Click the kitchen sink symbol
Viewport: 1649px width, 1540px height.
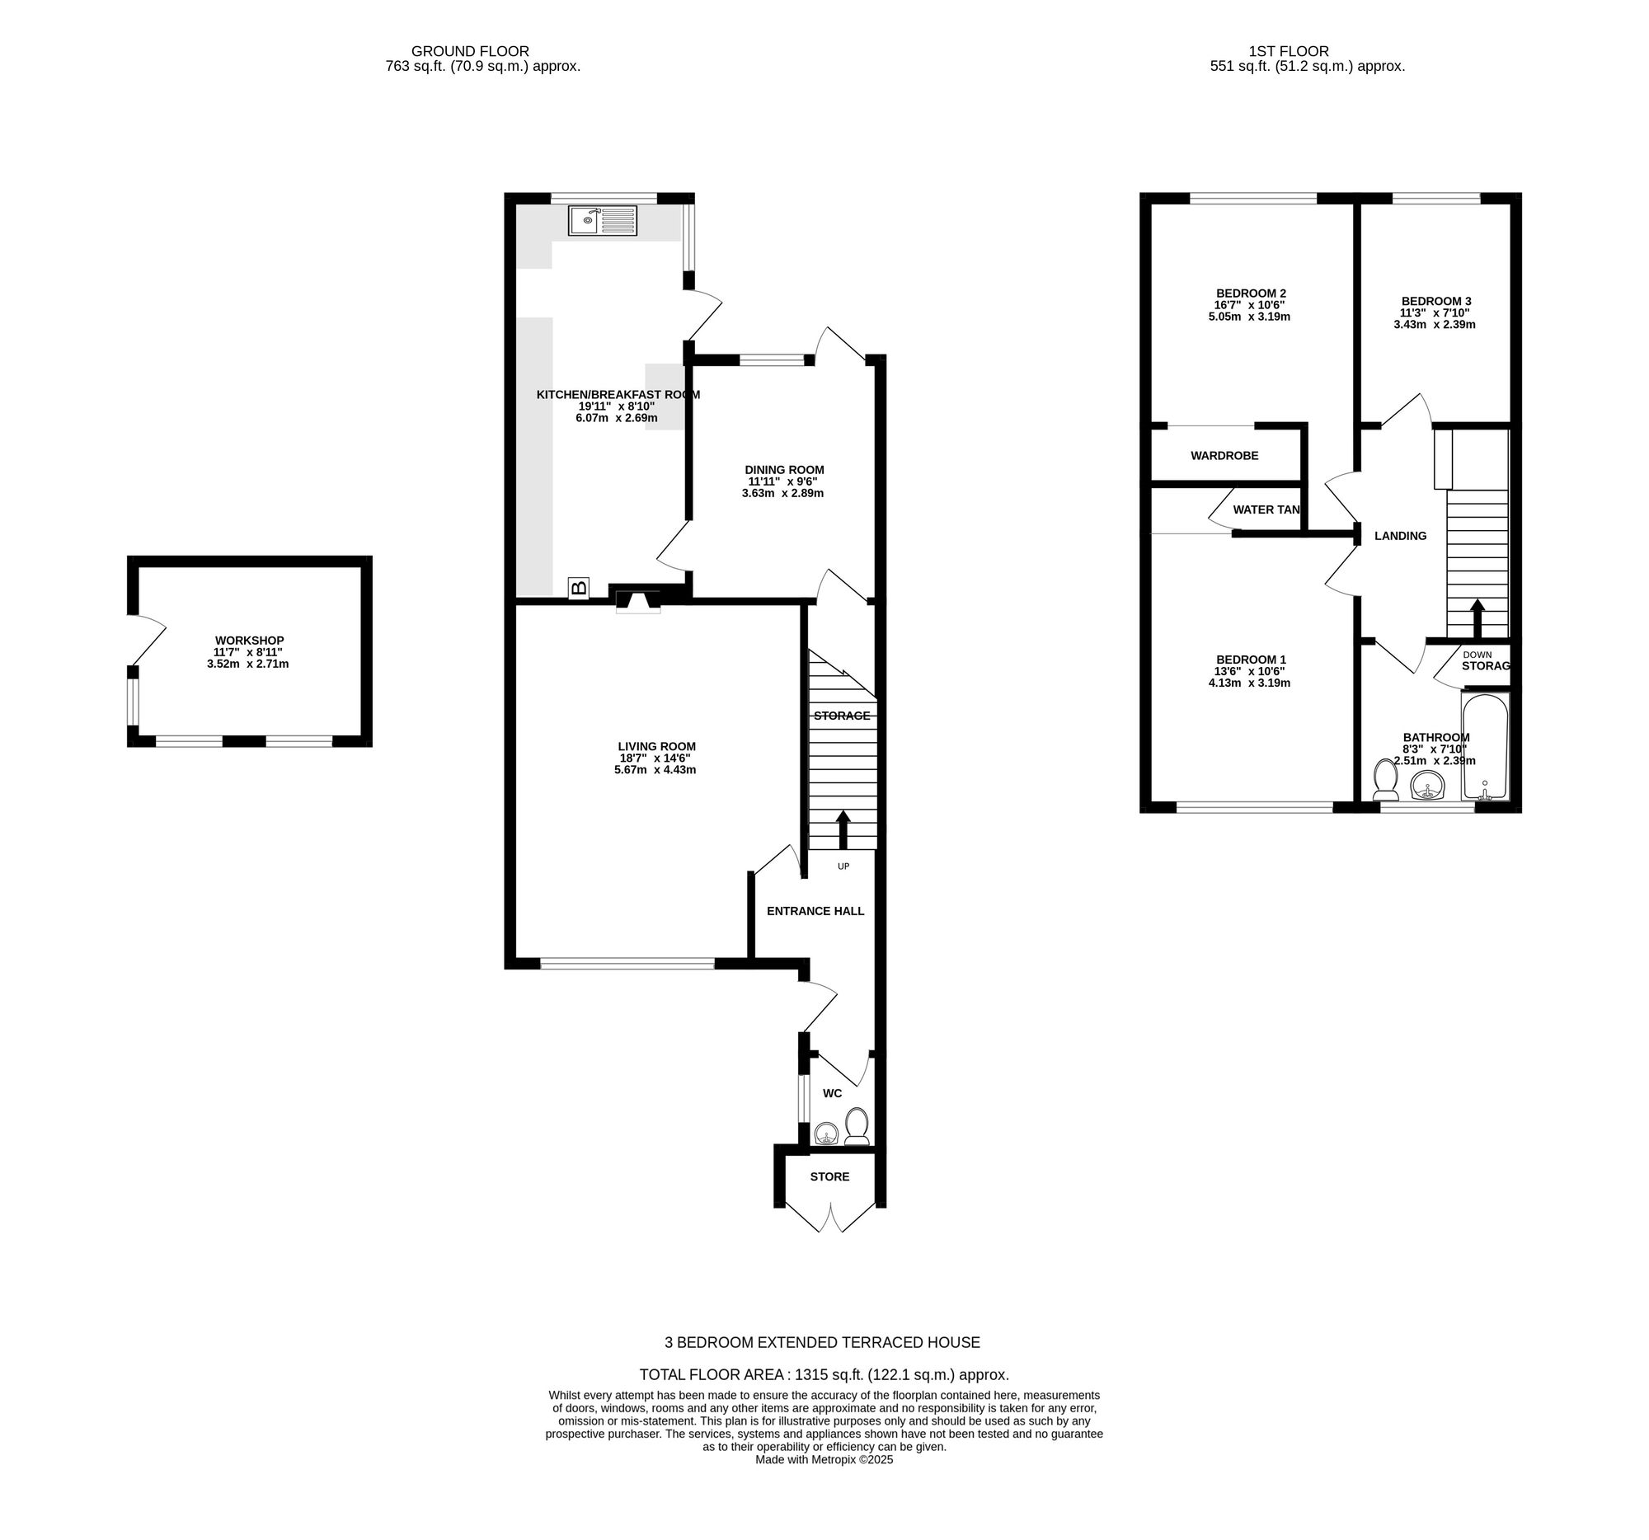[603, 220]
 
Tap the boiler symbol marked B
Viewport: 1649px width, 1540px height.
[579, 588]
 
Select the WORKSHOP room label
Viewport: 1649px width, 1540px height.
[250, 641]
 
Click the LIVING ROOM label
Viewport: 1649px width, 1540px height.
[657, 745]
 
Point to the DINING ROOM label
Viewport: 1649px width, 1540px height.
[785, 469]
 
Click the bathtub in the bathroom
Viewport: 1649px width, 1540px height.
[1486, 747]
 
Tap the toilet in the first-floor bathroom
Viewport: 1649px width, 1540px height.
[1385, 780]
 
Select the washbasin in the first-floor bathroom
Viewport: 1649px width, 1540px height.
[1427, 785]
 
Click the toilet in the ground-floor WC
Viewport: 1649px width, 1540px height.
[857, 1127]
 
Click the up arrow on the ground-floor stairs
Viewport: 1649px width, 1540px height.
[843, 830]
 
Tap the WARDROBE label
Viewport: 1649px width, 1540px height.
[1224, 455]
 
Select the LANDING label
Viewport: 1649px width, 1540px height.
[1400, 536]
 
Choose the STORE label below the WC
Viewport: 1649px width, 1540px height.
[829, 1176]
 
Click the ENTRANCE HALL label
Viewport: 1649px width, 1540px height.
[815, 911]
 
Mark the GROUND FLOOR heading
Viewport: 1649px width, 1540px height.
[470, 51]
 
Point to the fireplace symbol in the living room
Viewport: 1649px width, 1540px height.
[638, 601]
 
